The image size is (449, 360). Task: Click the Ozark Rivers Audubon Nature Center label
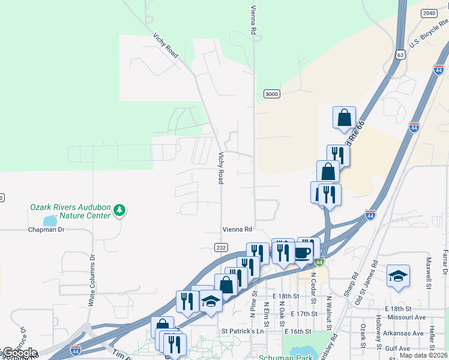click(70, 211)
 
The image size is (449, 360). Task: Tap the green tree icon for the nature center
click(120, 210)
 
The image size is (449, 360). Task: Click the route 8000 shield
click(272, 94)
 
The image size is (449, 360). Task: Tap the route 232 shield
click(220, 247)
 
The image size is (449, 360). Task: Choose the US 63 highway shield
click(401, 55)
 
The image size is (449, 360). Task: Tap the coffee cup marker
click(303, 253)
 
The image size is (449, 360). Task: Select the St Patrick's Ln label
click(243, 331)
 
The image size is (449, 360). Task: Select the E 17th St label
click(303, 314)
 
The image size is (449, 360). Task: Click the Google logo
click(20, 353)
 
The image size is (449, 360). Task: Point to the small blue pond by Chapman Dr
click(50, 220)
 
